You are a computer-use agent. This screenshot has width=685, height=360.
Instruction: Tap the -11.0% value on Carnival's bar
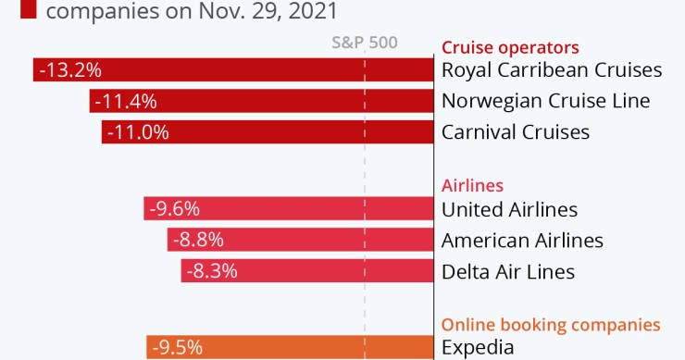pyautogui.click(x=138, y=132)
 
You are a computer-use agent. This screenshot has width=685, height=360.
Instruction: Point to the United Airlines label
pyautogui.click(x=509, y=210)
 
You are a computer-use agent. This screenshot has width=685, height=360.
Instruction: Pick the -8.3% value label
pyautogui.click(x=212, y=272)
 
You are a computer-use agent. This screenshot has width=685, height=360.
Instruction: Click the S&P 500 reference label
pyautogui.click(x=364, y=43)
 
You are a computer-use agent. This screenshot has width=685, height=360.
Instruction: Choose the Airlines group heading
pyautogui.click(x=472, y=185)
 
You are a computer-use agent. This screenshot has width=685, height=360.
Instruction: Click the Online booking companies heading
pyautogui.click(x=551, y=325)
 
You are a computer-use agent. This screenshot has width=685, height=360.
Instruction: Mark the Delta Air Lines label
pyautogui.click(x=508, y=272)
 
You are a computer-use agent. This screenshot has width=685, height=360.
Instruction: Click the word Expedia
pyautogui.click(x=477, y=348)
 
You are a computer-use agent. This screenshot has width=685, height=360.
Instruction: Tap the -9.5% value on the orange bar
pyautogui.click(x=177, y=348)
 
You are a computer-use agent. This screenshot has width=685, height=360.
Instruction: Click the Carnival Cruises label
pyautogui.click(x=515, y=132)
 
